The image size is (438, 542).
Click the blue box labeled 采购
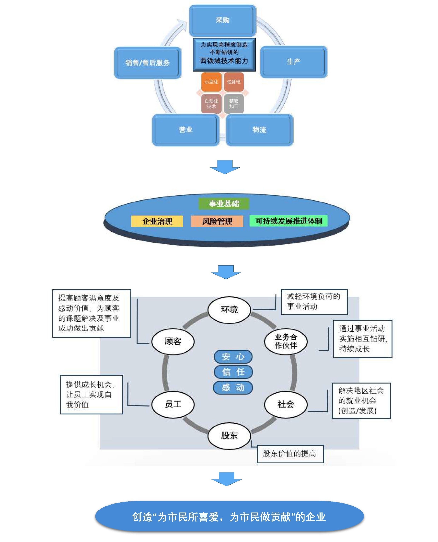tap(223, 20)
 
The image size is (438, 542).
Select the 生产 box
tap(293, 62)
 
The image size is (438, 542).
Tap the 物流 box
tap(259, 130)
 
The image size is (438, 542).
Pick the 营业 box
tap(186, 130)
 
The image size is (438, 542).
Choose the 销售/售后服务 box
tap(148, 63)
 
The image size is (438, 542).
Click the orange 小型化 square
tap(211, 82)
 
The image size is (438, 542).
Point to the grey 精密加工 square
tap(234, 104)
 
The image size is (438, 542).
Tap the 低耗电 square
tap(234, 82)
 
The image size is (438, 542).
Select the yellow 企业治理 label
tap(157, 221)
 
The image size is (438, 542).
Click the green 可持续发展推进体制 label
tap(288, 221)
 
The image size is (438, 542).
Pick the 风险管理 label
tap(217, 221)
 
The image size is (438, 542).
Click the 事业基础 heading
tap(224, 204)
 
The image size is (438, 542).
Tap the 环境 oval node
tap(229, 310)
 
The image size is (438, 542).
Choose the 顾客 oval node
tap(173, 341)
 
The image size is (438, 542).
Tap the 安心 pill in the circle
tap(233, 357)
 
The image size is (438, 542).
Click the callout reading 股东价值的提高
tap(290, 454)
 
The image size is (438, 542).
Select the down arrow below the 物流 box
tap(225, 167)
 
